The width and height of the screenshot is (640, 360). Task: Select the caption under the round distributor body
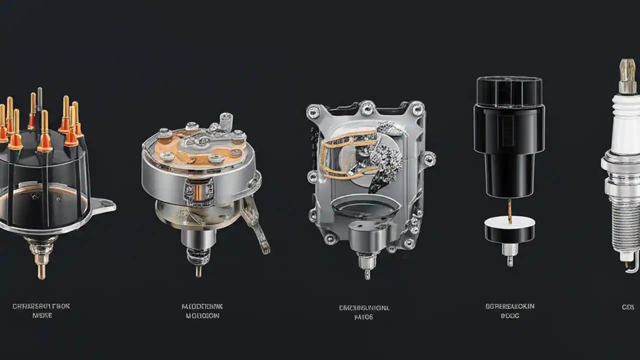202,310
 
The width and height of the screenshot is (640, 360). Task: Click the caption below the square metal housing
363,312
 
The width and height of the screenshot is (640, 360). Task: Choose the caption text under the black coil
509,310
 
